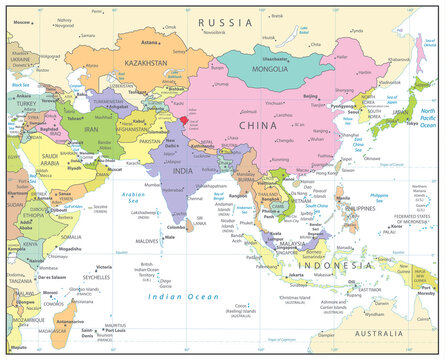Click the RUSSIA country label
coord(225,22)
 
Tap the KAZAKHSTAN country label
coord(147,63)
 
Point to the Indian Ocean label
coord(175,297)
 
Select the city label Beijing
coord(310,96)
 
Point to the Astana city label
coord(150,43)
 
